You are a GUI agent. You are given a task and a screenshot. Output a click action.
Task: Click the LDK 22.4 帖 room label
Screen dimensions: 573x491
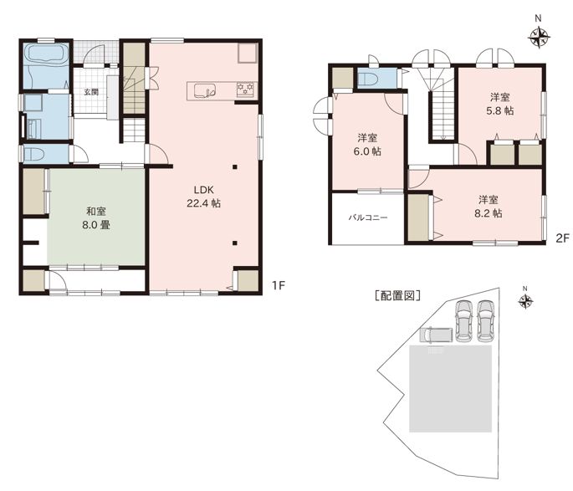click(203, 197)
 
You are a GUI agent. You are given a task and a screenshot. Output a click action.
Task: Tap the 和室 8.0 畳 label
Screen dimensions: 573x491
click(96, 218)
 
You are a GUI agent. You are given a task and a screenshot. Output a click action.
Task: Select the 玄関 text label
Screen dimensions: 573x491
click(91, 92)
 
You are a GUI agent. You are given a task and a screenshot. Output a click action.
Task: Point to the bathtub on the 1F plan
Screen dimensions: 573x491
click(47, 55)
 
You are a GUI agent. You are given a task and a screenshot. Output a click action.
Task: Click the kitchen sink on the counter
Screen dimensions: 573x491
click(205, 90)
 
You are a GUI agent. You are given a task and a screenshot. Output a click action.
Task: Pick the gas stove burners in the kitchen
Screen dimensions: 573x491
click(245, 89)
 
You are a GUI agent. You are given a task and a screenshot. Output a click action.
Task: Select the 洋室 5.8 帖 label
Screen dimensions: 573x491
click(499, 104)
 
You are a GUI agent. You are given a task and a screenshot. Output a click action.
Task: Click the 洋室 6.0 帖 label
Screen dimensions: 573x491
click(367, 145)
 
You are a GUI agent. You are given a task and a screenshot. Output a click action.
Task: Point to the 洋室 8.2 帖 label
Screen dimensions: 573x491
click(488, 207)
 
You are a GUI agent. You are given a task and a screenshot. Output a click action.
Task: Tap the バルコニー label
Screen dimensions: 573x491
click(367, 217)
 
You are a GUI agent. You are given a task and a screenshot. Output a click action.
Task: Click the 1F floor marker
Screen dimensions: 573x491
click(278, 285)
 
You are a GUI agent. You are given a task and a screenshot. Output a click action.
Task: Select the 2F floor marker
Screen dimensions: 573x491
click(562, 238)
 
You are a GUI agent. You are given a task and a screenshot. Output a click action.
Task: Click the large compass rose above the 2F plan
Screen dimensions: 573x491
click(539, 36)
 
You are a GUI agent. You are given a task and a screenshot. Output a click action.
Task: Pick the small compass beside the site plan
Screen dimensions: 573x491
click(526, 301)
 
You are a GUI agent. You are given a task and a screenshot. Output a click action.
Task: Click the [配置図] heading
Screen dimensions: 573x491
click(398, 295)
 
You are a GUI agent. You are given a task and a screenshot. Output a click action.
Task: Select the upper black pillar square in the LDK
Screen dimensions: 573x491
click(235, 167)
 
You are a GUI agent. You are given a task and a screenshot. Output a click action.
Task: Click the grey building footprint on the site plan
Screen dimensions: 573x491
click(450, 389)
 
